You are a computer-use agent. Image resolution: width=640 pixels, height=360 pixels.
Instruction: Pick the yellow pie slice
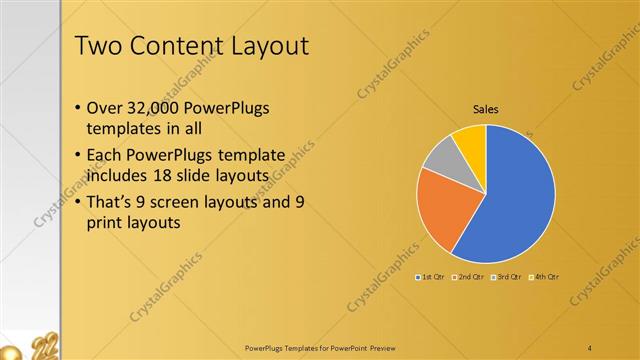(x=470, y=140)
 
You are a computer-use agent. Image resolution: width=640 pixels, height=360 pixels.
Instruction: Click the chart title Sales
(x=486, y=109)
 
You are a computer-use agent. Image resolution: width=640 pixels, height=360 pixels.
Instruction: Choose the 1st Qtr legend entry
(x=433, y=276)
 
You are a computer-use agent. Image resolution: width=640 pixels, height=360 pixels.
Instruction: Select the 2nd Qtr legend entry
(x=469, y=276)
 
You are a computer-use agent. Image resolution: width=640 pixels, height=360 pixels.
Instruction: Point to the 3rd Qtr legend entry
(x=507, y=276)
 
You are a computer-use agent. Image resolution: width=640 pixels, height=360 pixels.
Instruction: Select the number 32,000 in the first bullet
(x=157, y=108)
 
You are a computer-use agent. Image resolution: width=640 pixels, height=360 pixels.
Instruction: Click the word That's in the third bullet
(x=113, y=201)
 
